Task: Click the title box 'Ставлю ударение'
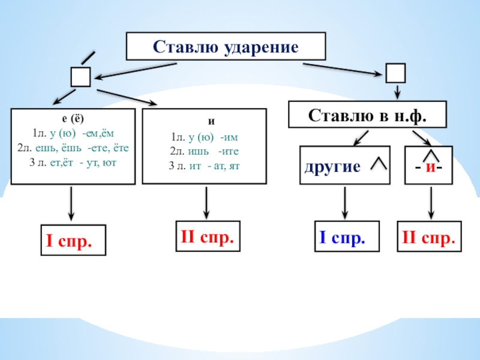point(226,46)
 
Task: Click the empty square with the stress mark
point(80,77)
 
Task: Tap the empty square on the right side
point(395,73)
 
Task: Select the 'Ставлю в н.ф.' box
point(367,114)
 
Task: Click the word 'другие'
point(332,166)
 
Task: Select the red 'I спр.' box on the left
point(72,242)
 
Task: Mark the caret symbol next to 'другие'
point(378,163)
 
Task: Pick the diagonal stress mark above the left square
point(88,58)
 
